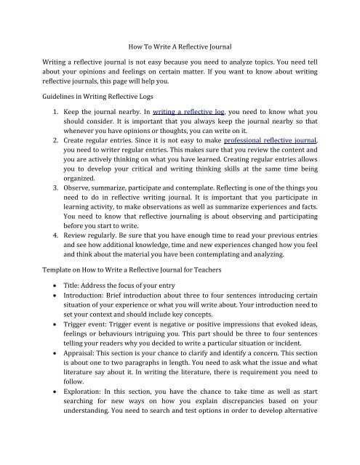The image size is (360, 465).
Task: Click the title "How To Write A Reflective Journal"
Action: click(x=179, y=46)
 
